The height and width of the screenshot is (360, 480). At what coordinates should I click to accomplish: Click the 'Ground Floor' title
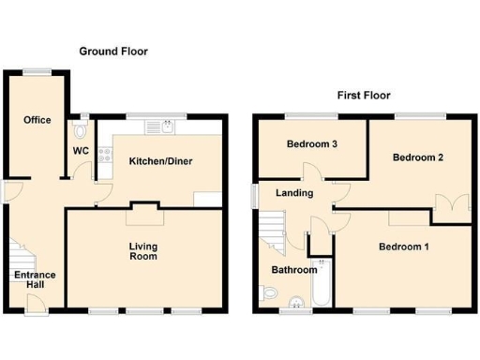coord(112,51)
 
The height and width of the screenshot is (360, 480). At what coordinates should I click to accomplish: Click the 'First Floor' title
coord(364,96)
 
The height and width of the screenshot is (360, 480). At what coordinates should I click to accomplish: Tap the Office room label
coord(37,120)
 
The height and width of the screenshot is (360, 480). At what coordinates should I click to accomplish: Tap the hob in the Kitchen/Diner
coord(106,153)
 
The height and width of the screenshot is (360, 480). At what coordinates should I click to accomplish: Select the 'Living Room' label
coord(142,251)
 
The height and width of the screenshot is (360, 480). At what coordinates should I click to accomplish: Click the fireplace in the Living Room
coord(143,206)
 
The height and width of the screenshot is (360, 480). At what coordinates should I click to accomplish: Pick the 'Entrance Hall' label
coord(34,279)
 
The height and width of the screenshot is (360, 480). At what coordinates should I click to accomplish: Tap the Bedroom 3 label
coord(310,144)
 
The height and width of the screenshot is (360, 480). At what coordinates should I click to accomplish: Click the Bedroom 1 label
coord(403,247)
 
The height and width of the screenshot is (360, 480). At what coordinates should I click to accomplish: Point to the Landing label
coord(293,193)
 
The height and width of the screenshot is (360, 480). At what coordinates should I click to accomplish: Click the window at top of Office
coord(37,71)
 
